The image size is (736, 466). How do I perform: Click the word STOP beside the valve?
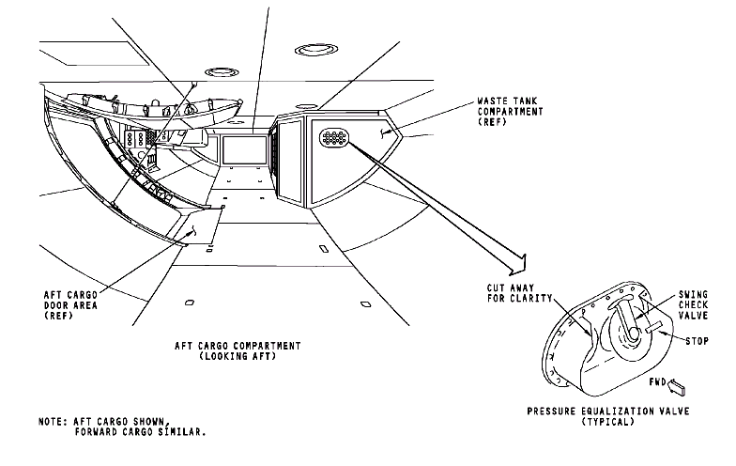pos(697,340)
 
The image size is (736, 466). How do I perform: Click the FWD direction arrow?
pos(682,383)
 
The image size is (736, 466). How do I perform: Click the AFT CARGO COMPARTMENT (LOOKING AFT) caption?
pos(239,351)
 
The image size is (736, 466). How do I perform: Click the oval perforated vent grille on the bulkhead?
pos(334,138)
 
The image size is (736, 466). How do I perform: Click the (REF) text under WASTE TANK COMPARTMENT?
pos(491,122)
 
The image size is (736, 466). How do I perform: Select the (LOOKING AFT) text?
pos(238,357)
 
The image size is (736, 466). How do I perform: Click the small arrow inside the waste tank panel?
pos(384,133)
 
